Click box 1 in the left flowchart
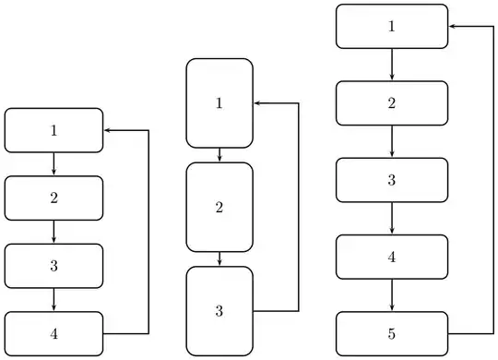[53, 130]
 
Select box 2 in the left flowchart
[53, 198]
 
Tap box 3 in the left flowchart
[53, 266]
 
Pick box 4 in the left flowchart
[53, 333]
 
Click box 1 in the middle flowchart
[219, 102]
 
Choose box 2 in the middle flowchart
[219, 207]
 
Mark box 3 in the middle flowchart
[219, 310]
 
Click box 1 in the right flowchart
[392, 26]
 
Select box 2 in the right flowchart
[392, 102]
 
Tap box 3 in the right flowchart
[392, 179]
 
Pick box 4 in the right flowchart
[392, 257]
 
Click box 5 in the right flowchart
[392, 333]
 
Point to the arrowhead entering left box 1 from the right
[108, 130]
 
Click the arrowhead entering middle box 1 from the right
[257, 102]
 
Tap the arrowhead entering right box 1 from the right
[453, 26]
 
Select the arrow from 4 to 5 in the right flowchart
[392, 295]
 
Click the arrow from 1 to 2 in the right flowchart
[392, 64]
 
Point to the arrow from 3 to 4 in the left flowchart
[53, 300]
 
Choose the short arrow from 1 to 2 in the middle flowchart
[219, 155]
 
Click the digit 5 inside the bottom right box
[392, 333]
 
